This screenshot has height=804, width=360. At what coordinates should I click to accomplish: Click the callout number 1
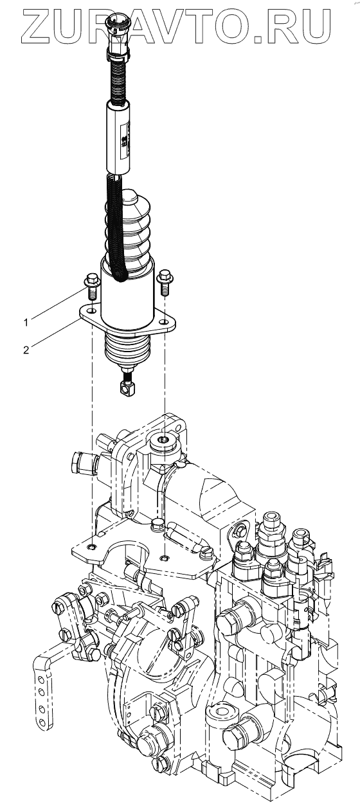coord(26,323)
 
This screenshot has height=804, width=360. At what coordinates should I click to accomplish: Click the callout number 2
coord(26,350)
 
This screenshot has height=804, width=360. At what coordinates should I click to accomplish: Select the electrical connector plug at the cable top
coord(117,35)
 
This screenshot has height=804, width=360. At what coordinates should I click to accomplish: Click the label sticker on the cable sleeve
coord(125,140)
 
